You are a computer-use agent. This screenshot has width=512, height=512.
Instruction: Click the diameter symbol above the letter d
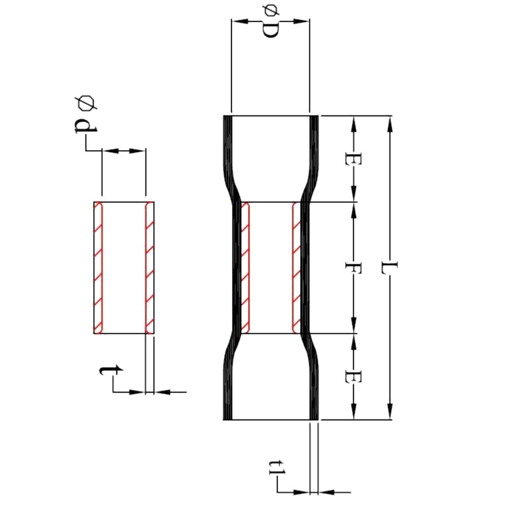click(x=85, y=103)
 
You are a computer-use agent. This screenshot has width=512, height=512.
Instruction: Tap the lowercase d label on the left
click(x=85, y=128)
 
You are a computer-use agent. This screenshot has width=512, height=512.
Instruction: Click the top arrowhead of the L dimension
click(x=389, y=122)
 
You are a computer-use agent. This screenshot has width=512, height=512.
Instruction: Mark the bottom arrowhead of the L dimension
click(x=389, y=412)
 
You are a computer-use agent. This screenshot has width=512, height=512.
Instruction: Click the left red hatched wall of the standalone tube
click(x=98, y=267)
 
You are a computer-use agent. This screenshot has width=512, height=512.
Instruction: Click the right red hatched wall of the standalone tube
click(x=149, y=267)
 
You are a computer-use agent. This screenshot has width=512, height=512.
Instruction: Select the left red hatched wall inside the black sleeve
click(x=245, y=267)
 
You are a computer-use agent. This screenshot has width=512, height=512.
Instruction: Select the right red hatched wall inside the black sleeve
click(x=296, y=267)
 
